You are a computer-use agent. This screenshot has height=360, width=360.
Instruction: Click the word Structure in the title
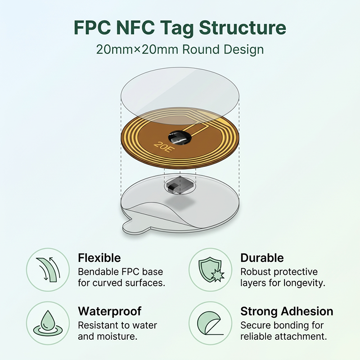[243, 27]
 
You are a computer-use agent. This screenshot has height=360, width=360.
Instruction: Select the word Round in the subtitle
[201, 49]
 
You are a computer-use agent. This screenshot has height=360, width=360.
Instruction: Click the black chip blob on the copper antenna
[180, 138]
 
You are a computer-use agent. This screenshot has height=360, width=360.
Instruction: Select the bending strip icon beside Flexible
[48, 269]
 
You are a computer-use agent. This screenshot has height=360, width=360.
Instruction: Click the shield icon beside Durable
[211, 270]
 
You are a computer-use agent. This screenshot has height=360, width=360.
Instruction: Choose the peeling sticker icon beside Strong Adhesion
[210, 323]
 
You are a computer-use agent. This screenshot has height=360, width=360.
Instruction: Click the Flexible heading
[99, 258]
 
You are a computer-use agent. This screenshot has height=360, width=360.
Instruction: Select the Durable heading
[262, 258]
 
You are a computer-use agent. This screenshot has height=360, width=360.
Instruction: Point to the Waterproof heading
[109, 312]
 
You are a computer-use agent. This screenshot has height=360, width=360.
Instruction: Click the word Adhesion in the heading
[307, 311]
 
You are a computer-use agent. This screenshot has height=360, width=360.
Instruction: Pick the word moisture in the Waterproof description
[117, 337]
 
